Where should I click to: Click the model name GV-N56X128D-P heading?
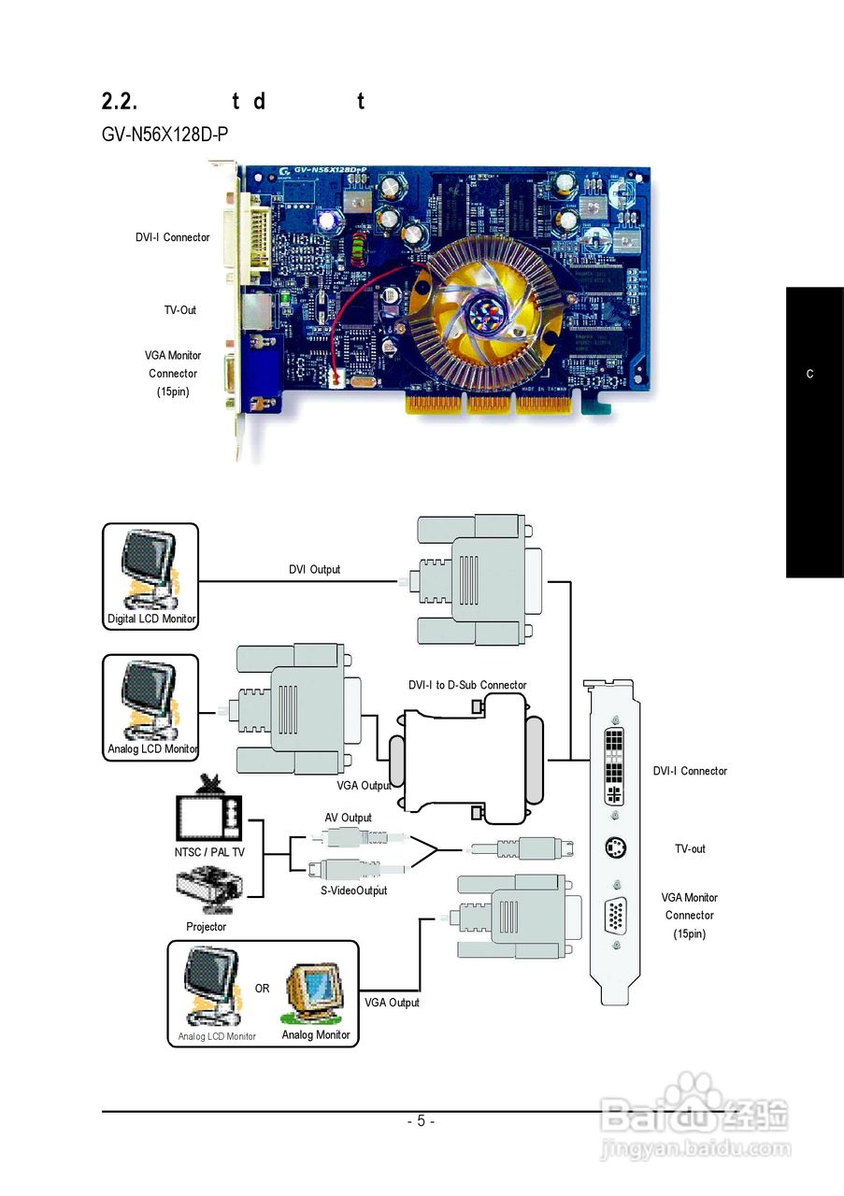click(165, 135)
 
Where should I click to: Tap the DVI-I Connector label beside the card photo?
click(173, 237)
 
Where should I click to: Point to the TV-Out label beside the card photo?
click(181, 310)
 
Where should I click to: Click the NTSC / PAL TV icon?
click(210, 809)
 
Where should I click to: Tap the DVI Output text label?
click(314, 569)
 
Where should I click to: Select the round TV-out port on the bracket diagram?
click(615, 848)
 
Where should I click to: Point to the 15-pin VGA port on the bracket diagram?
click(615, 915)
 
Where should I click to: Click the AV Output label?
click(348, 818)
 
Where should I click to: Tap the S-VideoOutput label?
click(347, 890)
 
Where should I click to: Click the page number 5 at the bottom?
click(421, 1121)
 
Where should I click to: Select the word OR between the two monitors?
click(262, 989)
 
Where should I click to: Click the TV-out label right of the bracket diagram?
click(690, 849)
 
